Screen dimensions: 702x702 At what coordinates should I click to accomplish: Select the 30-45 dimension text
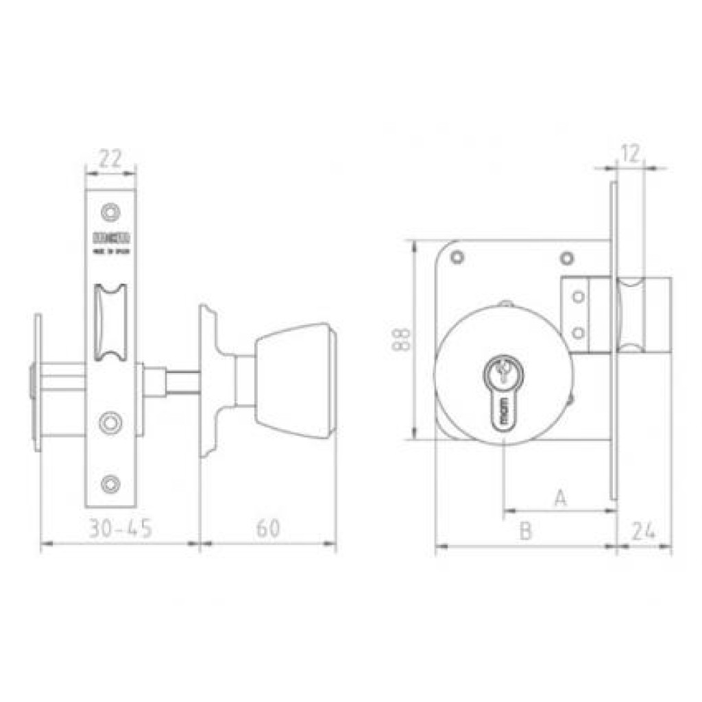pos(120,529)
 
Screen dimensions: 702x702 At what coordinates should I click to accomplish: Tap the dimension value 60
pos(268,529)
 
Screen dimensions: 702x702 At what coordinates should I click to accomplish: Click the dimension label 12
pos(631,154)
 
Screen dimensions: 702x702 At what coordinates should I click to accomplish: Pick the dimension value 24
pos(644,531)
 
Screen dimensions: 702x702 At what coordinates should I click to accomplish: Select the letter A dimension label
pos(560,498)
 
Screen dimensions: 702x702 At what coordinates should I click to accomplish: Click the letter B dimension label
pos(525,531)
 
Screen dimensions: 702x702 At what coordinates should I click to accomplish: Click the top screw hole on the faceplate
pos(110,212)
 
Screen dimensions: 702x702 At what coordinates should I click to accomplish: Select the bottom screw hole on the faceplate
pos(110,484)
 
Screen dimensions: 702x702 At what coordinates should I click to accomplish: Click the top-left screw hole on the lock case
pos(456,258)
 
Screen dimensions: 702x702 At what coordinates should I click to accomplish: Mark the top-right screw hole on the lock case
pos(566,258)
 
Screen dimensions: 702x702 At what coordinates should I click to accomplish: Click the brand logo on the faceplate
pos(110,239)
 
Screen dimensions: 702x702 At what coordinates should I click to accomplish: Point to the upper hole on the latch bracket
pos(579,296)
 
